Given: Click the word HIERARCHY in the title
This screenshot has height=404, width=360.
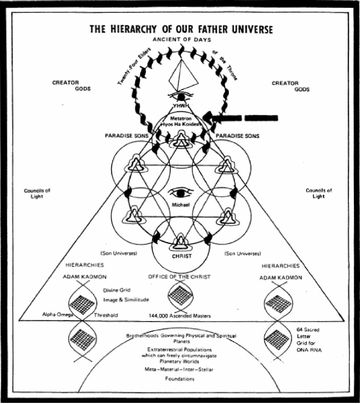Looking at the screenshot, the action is coord(133,29).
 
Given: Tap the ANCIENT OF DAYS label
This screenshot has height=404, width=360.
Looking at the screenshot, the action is coord(182,40).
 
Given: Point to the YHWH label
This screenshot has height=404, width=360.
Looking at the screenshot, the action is coord(181,105).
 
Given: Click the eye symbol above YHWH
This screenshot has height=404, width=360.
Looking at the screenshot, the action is coord(181,96).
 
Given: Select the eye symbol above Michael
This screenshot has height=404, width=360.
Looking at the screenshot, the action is coord(181,192).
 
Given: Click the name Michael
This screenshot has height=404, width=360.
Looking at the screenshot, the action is coord(181,205).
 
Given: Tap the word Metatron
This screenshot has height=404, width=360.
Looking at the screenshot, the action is coord(181,119).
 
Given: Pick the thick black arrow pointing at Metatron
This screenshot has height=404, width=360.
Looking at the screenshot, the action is coord(241,118).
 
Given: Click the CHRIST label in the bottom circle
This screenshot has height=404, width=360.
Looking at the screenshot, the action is coord(182,257).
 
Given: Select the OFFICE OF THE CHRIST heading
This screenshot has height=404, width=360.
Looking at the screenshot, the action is coord(179,277).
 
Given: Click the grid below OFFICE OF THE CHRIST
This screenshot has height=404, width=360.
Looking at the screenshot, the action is coord(180,295).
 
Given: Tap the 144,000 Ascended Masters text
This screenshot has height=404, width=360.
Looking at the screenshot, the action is coord(180,315).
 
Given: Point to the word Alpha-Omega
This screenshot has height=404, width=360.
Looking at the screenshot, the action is coord(58,314).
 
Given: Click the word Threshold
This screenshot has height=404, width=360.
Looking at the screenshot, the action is coord(106,315).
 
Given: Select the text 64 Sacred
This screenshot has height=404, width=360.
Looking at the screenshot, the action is coord(308,330).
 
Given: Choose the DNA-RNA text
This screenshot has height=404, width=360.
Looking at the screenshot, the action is coord(309,350).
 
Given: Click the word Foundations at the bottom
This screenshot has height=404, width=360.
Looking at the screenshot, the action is coord(180,379).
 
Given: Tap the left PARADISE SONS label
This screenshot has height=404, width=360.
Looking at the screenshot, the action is coord(127,136).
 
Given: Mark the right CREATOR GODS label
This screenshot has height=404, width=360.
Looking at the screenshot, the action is coord(290,86).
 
